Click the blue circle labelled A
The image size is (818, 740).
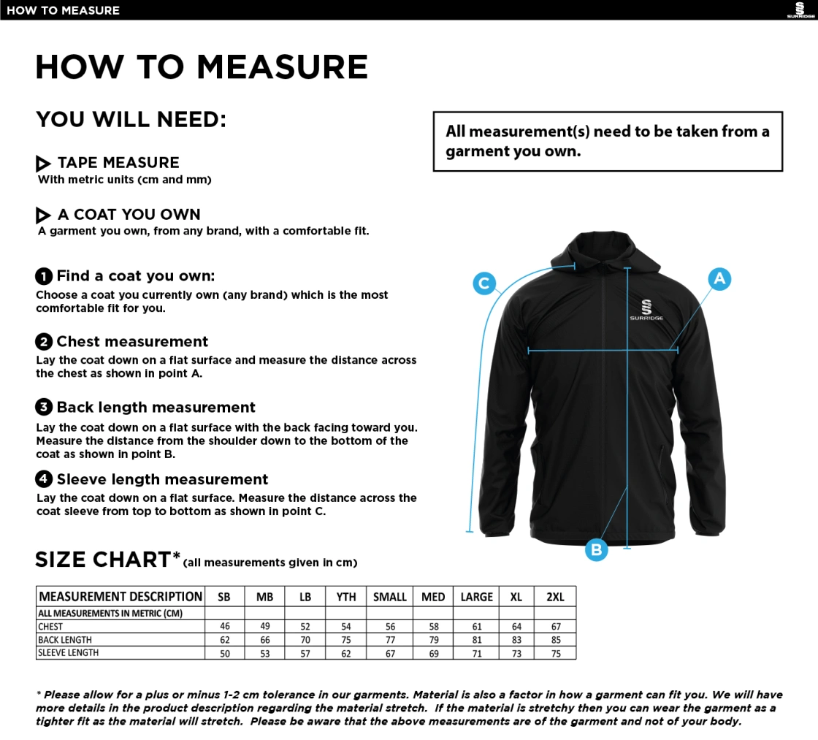(x=719, y=278)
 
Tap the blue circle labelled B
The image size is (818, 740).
(x=596, y=549)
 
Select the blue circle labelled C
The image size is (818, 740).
(x=483, y=283)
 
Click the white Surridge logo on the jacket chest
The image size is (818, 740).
(x=646, y=310)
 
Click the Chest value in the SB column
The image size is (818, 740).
(x=224, y=627)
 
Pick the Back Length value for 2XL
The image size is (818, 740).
(x=556, y=640)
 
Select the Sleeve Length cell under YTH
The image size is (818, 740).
(x=346, y=653)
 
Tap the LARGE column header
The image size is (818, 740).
(x=476, y=597)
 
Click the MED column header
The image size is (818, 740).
(x=433, y=597)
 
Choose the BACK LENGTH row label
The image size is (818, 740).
(x=65, y=640)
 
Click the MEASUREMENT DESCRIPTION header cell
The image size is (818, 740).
(x=121, y=597)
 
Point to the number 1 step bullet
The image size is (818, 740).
(x=44, y=276)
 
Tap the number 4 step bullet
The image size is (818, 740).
(x=44, y=479)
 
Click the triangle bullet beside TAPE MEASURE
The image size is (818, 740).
(x=43, y=164)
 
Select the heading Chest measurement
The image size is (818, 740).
(x=132, y=342)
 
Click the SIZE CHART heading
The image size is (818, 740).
(x=103, y=560)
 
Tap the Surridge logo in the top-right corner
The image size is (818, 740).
(x=800, y=10)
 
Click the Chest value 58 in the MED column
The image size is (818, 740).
(x=434, y=627)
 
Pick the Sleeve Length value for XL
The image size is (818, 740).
(x=516, y=653)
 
